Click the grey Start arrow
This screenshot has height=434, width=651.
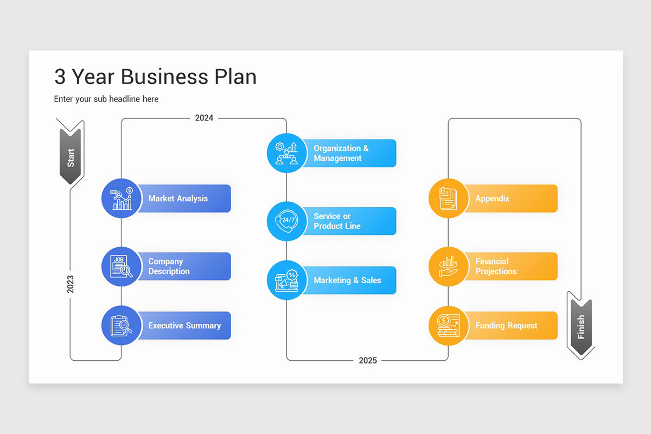pos(71,156)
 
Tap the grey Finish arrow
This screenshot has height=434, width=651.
pos(580,326)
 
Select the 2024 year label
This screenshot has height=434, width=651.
pos(204,118)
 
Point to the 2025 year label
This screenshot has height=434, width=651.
pos(368,360)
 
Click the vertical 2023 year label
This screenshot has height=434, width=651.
pos(71,284)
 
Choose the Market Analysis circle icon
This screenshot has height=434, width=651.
pos(122,199)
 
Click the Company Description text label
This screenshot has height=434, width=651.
pos(169,266)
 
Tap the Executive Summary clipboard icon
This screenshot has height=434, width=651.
pos(122,325)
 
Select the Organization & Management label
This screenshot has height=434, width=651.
pos(341,153)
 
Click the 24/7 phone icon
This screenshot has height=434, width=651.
pos(287,221)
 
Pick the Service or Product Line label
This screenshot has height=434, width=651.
pos(337,221)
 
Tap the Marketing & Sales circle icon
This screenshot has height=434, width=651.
pos(287,280)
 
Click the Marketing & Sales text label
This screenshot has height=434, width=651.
pos(347,280)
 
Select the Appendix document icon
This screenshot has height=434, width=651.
pos(449,199)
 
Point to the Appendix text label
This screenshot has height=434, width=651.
pos(493,199)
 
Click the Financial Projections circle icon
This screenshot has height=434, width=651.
pos(449,266)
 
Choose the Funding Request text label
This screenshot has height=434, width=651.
pos(506,325)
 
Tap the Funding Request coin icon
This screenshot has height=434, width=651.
pos(449,325)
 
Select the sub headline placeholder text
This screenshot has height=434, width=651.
pos(106,99)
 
